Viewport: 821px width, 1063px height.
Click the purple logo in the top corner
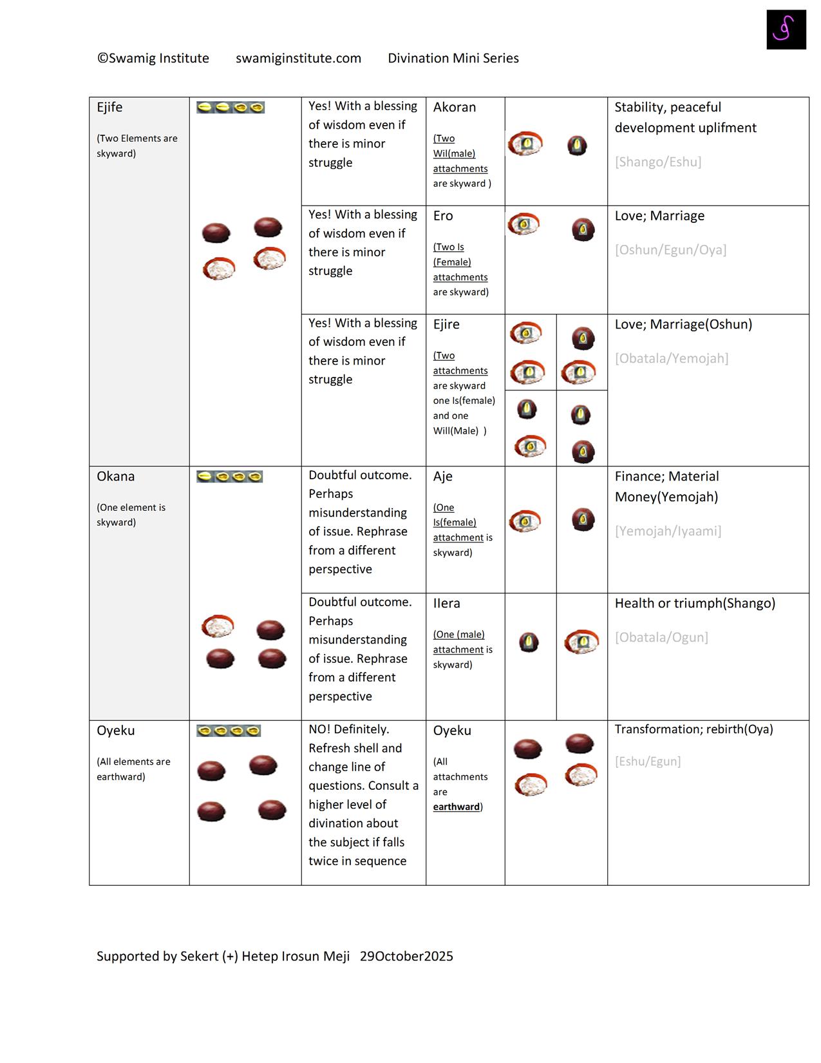click(x=786, y=30)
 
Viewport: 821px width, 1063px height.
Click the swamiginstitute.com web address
click(x=298, y=59)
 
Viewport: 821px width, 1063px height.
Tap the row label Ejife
click(x=109, y=108)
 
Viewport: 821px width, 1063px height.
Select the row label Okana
click(x=116, y=477)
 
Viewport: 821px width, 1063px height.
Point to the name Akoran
click(x=454, y=108)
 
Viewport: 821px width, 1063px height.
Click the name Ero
click(x=443, y=216)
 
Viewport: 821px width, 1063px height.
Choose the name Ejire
click(x=446, y=325)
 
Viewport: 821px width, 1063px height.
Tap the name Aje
click(x=442, y=477)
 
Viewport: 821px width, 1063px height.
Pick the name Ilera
click(x=446, y=604)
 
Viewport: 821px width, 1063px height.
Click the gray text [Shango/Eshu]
click(x=657, y=162)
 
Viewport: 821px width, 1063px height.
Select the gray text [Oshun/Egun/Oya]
click(x=670, y=250)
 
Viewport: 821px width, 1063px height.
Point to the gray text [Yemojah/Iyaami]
click(x=668, y=531)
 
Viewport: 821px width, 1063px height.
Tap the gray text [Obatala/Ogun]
click(x=661, y=638)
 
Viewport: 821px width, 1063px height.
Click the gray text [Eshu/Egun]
click(x=647, y=761)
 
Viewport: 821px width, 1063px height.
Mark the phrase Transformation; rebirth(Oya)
click(x=694, y=729)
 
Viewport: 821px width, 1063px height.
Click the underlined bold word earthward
click(x=456, y=807)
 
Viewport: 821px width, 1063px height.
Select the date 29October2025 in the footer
click(x=406, y=957)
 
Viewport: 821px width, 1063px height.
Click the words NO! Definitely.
click(x=348, y=729)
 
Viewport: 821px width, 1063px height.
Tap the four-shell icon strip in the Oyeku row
click(x=229, y=731)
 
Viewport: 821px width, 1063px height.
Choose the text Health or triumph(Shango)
click(x=695, y=604)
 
